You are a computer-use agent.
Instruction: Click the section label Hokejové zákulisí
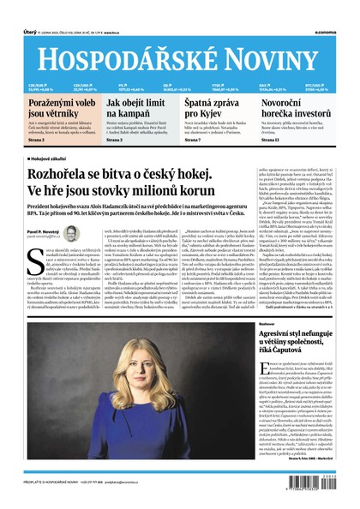point(53,159)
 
